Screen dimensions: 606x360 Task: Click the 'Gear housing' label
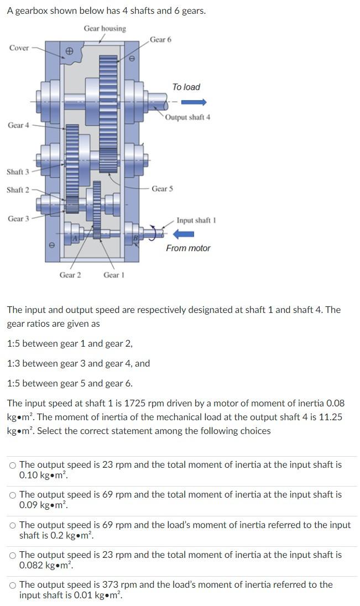coord(105,28)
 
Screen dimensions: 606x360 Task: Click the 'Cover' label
coord(19,48)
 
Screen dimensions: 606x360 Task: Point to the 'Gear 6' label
coord(160,39)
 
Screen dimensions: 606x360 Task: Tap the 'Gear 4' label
coord(18,126)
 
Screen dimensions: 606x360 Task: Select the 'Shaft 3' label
coord(18,172)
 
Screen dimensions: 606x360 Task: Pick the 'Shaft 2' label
coord(18,190)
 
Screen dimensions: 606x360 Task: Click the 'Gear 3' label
coord(18,219)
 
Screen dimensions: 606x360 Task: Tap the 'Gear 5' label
coord(162,189)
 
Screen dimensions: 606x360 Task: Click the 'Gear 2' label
coord(70,275)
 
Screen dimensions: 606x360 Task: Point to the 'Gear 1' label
coord(114,275)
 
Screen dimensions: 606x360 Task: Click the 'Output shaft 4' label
coord(188,117)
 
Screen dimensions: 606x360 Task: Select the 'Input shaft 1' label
coord(196,221)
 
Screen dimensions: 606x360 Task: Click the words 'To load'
coord(186,87)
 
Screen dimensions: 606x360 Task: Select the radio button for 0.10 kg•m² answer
coord(13,466)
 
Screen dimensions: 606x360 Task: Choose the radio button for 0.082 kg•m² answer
coord(13,555)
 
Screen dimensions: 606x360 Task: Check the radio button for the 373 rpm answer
coord(13,585)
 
